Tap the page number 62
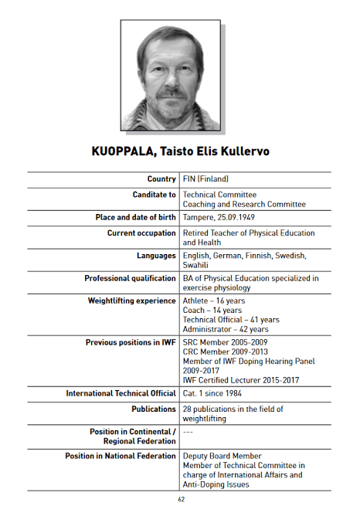point(180,500)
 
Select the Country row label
point(161,179)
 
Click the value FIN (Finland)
point(205,179)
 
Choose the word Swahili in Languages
point(197,265)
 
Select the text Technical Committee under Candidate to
point(219,195)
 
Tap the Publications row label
point(154,409)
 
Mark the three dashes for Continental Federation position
point(188,431)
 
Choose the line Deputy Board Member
point(222,456)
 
